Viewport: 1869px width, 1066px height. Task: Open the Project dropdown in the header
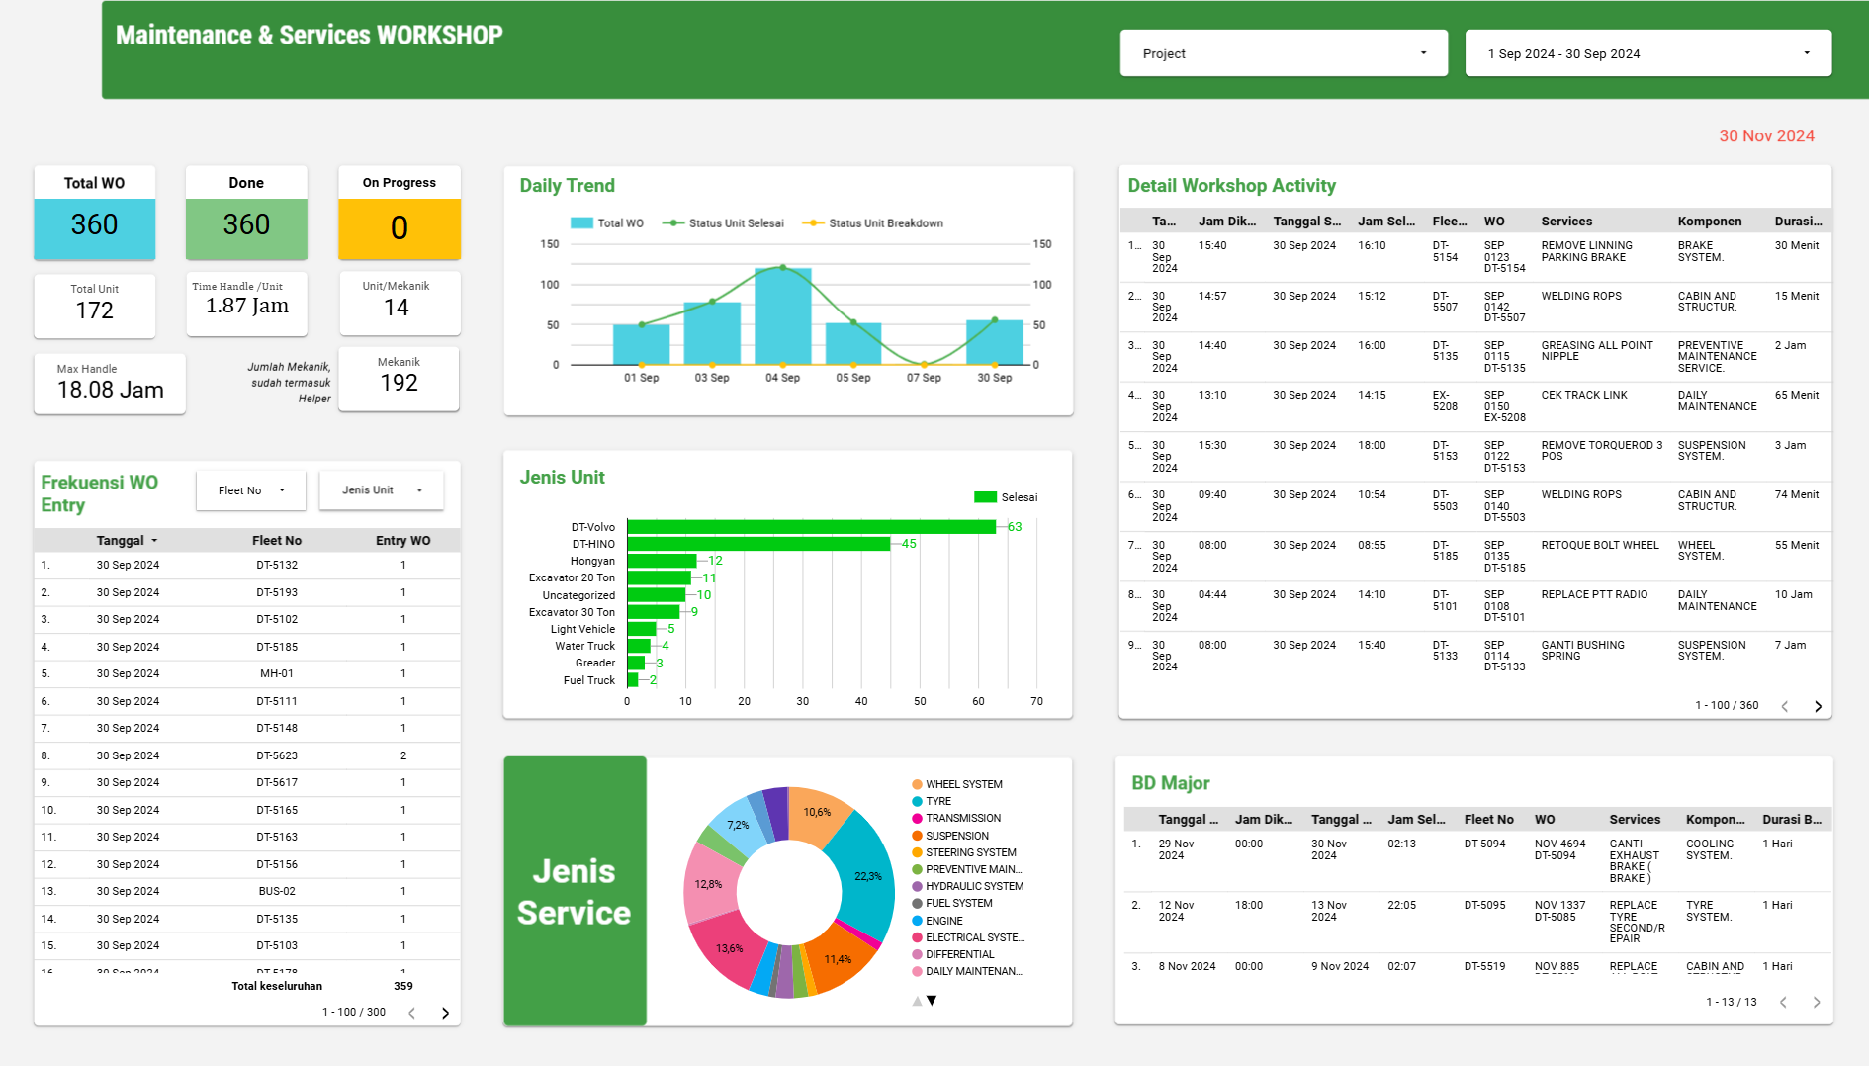tap(1283, 53)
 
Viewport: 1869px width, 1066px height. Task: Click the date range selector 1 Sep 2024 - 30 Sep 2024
tap(1646, 53)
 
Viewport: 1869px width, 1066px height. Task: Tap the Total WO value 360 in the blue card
tap(95, 225)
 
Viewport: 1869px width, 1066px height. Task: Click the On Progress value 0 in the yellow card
tap(399, 228)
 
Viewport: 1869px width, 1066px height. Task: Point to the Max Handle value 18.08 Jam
tap(110, 390)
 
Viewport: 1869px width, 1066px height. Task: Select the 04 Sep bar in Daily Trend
tap(782, 316)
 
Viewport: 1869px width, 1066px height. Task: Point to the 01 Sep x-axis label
tap(641, 378)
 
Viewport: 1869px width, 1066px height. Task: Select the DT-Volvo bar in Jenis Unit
tap(811, 527)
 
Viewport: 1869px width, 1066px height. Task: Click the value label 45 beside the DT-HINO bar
tap(909, 544)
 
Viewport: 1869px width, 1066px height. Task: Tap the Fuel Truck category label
tap(588, 680)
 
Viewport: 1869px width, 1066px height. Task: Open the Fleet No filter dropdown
tap(251, 490)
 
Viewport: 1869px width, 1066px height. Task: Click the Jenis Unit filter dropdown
tap(381, 490)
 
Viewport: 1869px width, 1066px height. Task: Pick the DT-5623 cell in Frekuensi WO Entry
tap(277, 755)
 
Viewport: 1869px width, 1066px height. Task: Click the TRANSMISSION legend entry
tap(962, 819)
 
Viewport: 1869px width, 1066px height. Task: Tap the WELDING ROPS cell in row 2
tap(1580, 296)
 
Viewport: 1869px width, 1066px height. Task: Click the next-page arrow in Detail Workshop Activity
tap(1818, 706)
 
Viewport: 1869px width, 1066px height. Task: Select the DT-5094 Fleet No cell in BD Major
tap(1484, 844)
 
